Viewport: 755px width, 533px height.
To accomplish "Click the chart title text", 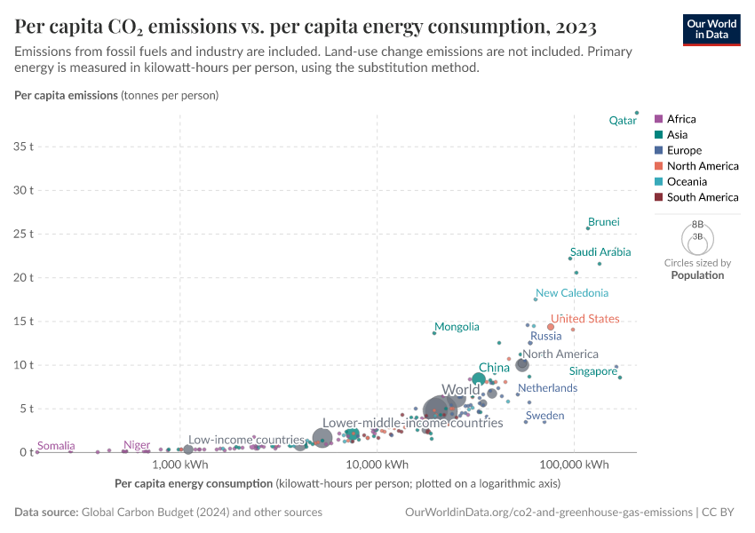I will (x=305, y=27).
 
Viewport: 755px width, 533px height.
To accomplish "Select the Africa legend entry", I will (x=680, y=119).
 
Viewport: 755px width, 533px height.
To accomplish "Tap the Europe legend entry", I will (x=684, y=151).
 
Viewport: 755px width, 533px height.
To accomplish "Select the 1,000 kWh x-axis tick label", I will (x=180, y=465).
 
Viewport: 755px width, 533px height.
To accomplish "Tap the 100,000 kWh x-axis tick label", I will (x=573, y=465).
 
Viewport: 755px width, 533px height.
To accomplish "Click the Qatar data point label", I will (x=622, y=120).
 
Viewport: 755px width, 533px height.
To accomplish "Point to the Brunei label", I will (x=603, y=222).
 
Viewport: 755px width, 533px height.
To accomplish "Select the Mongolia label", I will (x=457, y=327).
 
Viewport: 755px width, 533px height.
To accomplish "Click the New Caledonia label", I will (x=572, y=293).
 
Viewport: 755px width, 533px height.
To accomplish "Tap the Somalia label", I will (x=55, y=446).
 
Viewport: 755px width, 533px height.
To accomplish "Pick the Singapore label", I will (x=592, y=371).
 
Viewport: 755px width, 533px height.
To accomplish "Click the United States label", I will (x=584, y=319).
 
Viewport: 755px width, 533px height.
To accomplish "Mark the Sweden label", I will (x=544, y=416).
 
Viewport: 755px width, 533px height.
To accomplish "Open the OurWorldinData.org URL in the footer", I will (x=548, y=513).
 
